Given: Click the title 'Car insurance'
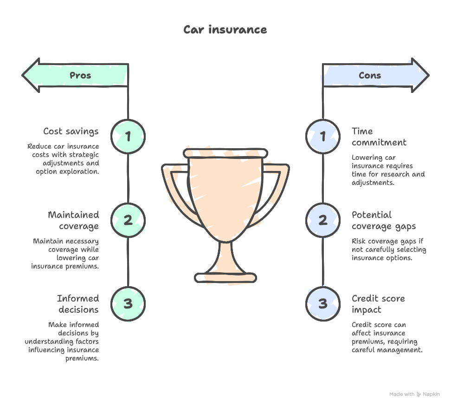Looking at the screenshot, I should (225, 30).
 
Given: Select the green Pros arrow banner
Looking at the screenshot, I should (76, 75).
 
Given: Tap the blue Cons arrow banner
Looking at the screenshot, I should (375, 75).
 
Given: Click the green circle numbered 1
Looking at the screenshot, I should (128, 136).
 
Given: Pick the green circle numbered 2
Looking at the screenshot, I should (128, 220).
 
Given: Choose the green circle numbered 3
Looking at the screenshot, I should (128, 303).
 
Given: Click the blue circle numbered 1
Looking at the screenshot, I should (323, 136).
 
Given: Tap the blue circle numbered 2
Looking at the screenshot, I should (323, 220).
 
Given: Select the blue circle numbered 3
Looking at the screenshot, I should (323, 303).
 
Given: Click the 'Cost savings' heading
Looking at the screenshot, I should (71, 131).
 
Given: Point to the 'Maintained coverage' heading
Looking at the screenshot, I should (73, 221).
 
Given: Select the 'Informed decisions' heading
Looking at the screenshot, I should (78, 304).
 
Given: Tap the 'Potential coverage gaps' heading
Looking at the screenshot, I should (383, 221).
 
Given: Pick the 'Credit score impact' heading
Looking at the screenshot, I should (378, 304).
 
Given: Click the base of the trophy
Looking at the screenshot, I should (225, 278).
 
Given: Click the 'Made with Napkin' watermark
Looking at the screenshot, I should (414, 394).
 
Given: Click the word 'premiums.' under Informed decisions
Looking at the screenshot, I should (82, 359).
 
